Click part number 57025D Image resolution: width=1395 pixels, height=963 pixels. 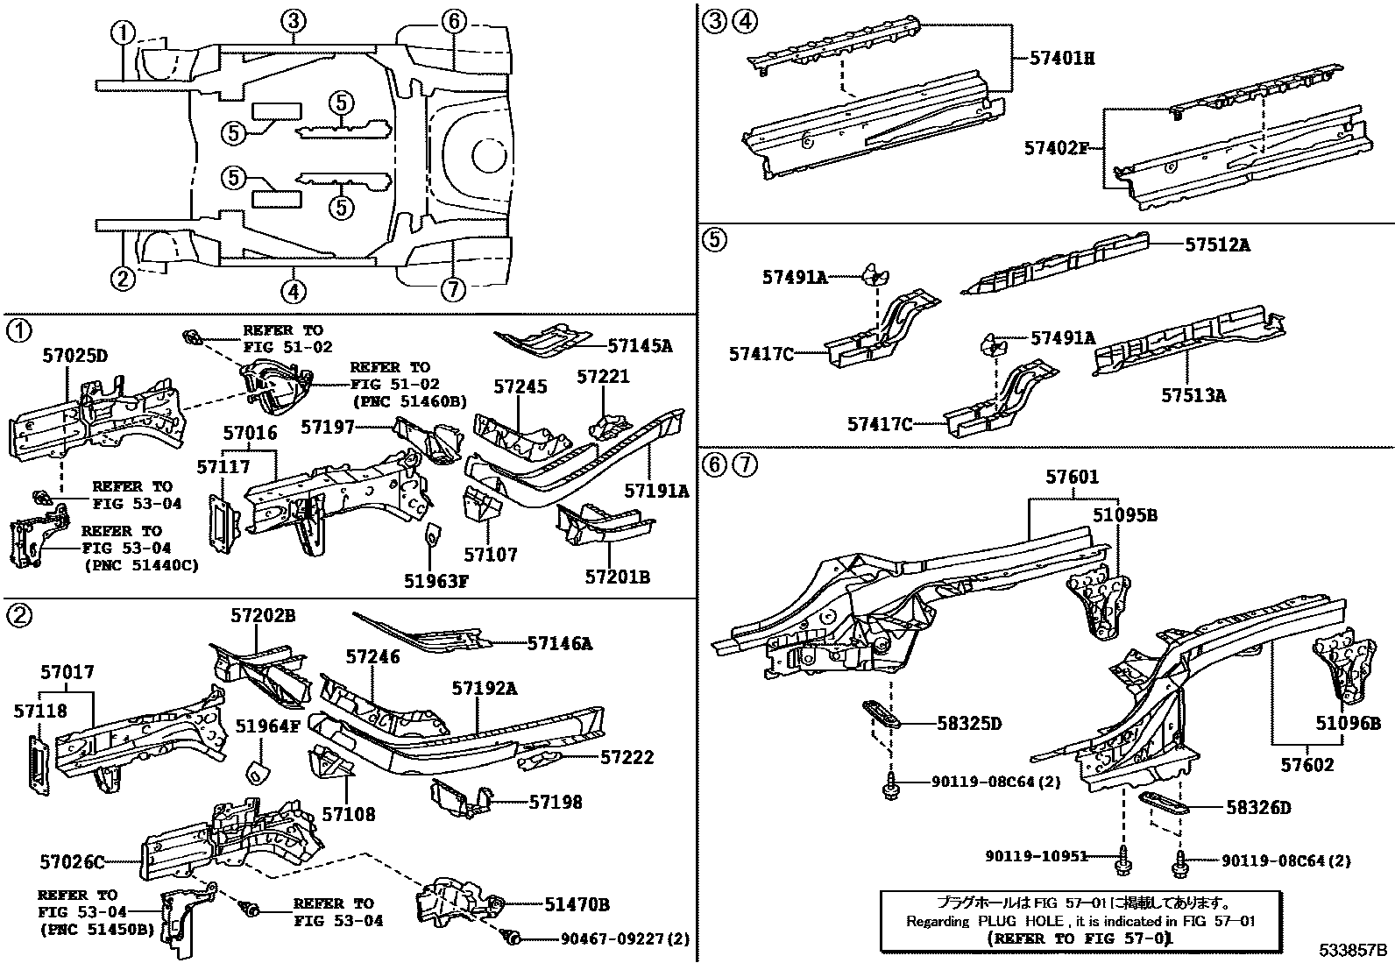75,356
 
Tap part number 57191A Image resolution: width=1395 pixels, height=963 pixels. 656,492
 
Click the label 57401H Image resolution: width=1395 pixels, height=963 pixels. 1062,59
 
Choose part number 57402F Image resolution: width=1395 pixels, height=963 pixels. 1056,148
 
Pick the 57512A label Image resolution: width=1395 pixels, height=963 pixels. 1216,245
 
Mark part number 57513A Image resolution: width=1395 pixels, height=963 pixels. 1193,396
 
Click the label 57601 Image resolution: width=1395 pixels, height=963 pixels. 1072,478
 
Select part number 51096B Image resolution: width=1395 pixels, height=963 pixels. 1348,723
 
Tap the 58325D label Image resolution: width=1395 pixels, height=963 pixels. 968,723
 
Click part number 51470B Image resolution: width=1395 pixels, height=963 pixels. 577,903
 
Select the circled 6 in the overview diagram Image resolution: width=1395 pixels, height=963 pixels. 453,21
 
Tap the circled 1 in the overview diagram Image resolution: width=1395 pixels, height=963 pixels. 124,33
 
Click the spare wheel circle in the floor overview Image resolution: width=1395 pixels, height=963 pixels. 487,154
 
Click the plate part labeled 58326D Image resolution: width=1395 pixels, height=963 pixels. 1162,802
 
